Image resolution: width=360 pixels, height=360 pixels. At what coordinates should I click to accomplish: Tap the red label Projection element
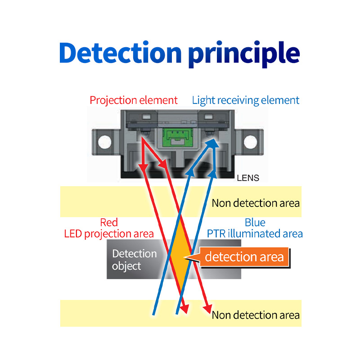pyautogui.click(x=134, y=100)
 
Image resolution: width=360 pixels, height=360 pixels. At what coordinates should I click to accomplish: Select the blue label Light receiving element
pyautogui.click(x=245, y=100)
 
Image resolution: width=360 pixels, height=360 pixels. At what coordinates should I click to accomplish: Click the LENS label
pyautogui.click(x=248, y=178)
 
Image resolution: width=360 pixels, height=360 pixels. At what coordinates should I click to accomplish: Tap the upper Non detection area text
pyautogui.click(x=256, y=203)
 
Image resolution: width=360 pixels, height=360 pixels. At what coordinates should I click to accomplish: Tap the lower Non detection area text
pyautogui.click(x=256, y=315)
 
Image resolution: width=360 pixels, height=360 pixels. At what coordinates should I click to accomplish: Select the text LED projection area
pyautogui.click(x=109, y=234)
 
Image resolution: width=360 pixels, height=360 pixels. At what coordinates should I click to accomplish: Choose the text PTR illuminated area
pyautogui.click(x=255, y=234)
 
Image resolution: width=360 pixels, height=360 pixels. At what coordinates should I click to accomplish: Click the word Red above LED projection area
pyautogui.click(x=109, y=222)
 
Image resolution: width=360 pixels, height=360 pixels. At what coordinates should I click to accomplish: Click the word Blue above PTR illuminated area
pyautogui.click(x=255, y=222)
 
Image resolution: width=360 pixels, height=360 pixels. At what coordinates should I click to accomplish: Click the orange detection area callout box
pyautogui.click(x=244, y=257)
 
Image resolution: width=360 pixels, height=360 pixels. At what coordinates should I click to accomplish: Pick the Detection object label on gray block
pyautogui.click(x=134, y=260)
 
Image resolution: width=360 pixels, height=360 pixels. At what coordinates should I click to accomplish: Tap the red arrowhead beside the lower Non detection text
pyautogui.click(x=207, y=310)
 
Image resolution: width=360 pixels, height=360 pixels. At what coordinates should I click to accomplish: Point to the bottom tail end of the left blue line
pyautogui.click(x=153, y=314)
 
